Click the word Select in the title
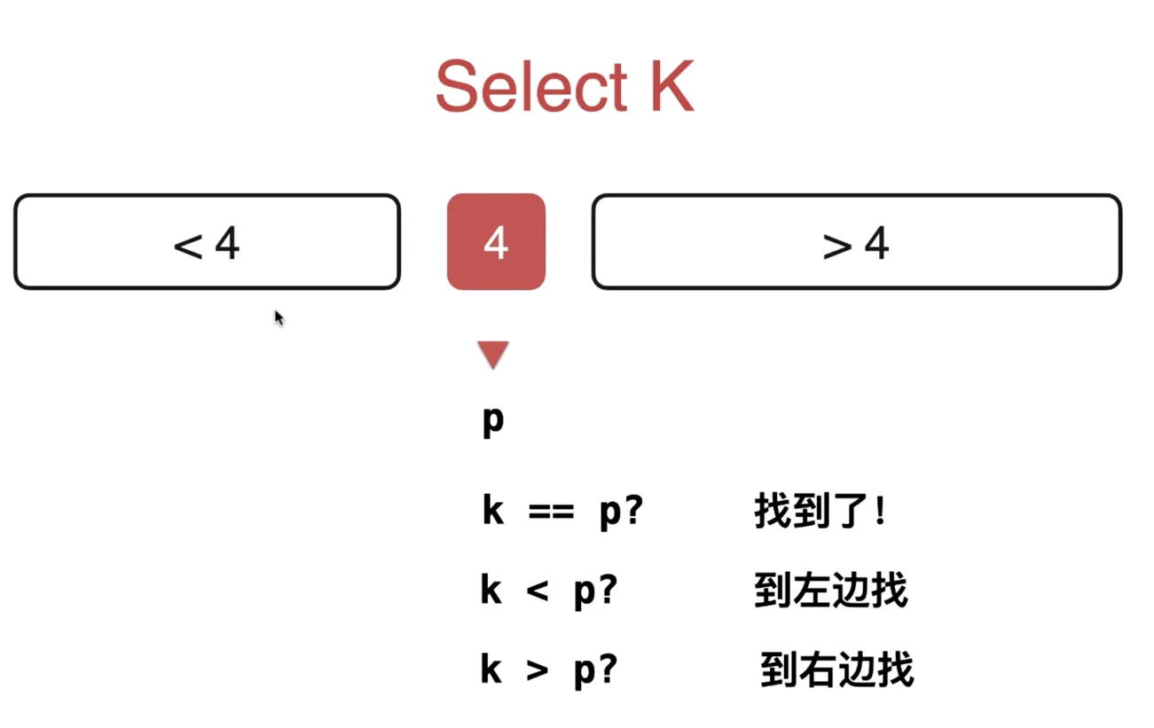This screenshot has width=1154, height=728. (x=531, y=86)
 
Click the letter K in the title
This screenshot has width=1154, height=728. (x=672, y=86)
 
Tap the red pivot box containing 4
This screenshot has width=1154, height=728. (x=496, y=241)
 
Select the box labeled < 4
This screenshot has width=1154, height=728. (x=207, y=241)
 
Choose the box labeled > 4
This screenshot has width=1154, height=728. (x=856, y=241)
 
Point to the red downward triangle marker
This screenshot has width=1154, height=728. (x=493, y=355)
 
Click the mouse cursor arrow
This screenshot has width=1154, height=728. (x=279, y=318)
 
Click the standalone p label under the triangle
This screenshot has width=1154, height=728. (x=493, y=421)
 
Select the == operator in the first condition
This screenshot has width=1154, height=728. (x=551, y=512)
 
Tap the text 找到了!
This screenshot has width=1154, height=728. (x=820, y=510)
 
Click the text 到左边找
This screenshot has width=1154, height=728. (x=831, y=590)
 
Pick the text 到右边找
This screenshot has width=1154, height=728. (x=837, y=669)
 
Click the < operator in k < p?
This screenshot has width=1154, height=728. (x=538, y=591)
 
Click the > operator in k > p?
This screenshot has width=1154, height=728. (x=538, y=671)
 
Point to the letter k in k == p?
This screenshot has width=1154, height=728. (x=493, y=509)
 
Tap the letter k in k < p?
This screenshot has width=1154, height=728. (x=491, y=589)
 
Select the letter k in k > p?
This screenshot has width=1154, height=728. (x=491, y=669)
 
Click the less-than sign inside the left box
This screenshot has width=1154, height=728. (x=188, y=247)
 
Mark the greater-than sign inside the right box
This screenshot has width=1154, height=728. (x=837, y=247)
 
